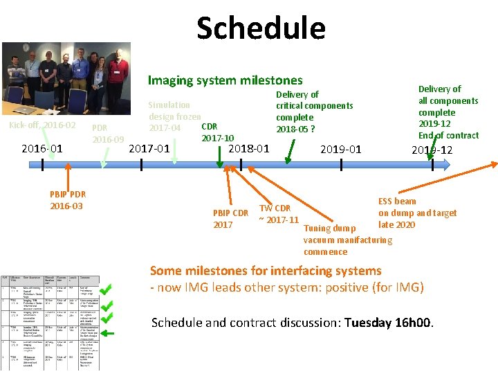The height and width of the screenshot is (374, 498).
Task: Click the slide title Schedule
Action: [x=261, y=28]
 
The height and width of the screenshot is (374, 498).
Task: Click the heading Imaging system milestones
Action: [x=225, y=80]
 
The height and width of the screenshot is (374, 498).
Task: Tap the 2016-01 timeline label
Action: [x=42, y=148]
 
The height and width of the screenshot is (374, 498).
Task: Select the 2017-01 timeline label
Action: [x=150, y=148]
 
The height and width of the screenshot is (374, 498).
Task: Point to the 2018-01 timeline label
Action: [x=249, y=148]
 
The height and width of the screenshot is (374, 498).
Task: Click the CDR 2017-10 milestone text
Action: [x=216, y=132]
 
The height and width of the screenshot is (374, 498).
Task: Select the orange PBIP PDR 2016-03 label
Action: [x=66, y=200]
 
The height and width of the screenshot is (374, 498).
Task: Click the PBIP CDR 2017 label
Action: [x=231, y=218]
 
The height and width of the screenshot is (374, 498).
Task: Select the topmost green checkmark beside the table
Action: [x=107, y=285]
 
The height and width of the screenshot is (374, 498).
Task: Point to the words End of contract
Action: [x=448, y=135]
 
